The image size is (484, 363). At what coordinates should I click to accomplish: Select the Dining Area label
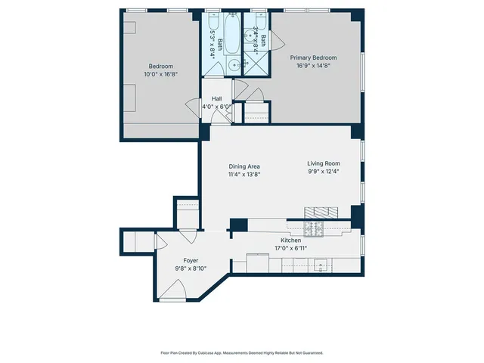244,166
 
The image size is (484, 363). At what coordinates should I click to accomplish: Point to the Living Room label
323,163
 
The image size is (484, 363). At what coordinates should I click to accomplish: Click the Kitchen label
291,240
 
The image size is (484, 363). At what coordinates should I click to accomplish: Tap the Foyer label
191,260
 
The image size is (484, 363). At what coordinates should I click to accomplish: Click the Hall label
216,98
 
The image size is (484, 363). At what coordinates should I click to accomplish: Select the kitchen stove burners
314,226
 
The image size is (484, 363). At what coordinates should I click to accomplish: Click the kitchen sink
321,265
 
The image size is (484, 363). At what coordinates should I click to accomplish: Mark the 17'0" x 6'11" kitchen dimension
291,248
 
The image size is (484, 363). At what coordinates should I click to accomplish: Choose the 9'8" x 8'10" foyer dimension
191,268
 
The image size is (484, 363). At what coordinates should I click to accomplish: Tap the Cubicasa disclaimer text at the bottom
242,352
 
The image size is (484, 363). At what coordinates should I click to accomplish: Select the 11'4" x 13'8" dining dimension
244,174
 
